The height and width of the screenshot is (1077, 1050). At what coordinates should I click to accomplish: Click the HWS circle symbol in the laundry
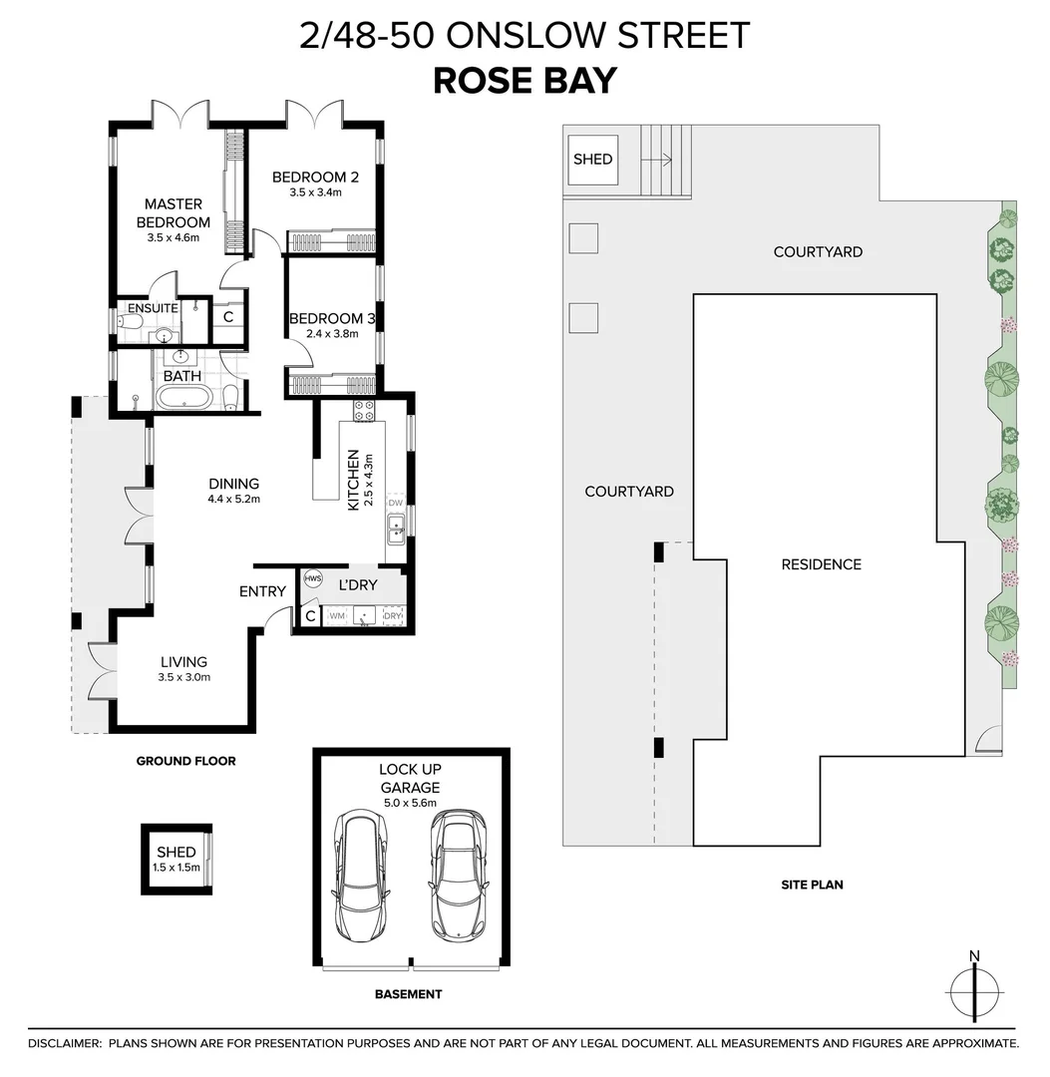tap(312, 578)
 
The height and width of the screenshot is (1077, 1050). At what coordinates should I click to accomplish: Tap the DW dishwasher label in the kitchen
tap(395, 503)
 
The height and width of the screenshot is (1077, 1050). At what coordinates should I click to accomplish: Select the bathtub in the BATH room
tap(183, 399)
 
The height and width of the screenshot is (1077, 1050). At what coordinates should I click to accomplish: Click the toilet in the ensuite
tap(130, 322)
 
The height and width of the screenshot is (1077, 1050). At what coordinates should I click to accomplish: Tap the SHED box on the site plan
tap(592, 160)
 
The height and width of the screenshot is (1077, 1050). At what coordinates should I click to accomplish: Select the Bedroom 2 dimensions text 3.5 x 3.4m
tap(315, 192)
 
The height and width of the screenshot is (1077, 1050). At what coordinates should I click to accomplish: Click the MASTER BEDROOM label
tap(173, 213)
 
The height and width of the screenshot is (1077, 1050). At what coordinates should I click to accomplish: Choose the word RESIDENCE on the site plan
tap(821, 564)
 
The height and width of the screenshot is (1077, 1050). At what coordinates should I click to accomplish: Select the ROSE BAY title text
tap(525, 81)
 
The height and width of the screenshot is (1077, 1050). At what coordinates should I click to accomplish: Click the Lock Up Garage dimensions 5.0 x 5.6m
tap(409, 803)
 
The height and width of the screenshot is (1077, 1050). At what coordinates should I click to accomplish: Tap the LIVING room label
tap(184, 661)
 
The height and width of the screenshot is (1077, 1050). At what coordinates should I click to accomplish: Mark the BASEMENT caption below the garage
tap(408, 994)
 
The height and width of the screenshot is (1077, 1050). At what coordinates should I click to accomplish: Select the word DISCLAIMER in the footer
tap(64, 1043)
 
